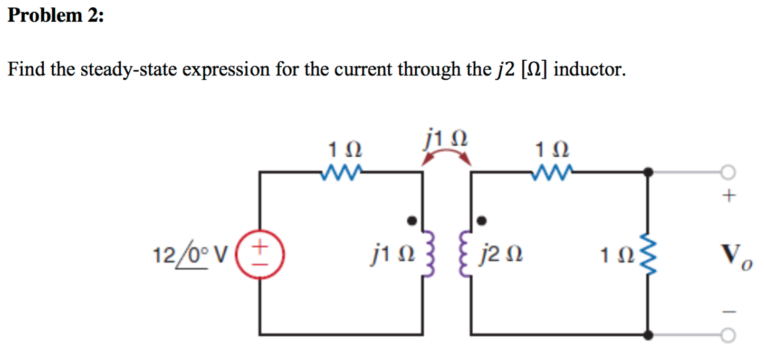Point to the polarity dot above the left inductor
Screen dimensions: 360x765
(x=414, y=219)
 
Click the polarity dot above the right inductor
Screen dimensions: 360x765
(x=481, y=219)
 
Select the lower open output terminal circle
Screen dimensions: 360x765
(x=728, y=335)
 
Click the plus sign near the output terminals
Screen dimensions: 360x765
(x=728, y=196)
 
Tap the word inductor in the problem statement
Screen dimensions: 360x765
(x=590, y=69)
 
